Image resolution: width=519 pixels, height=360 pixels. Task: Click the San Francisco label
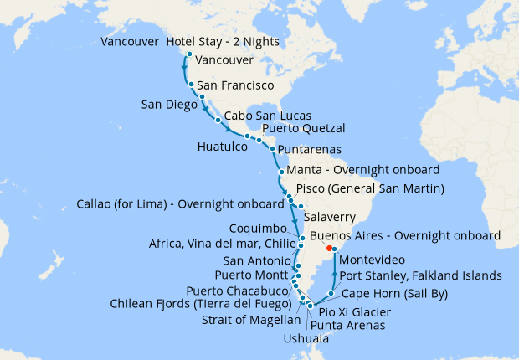click(x=237, y=86)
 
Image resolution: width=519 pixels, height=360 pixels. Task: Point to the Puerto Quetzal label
click(x=303, y=129)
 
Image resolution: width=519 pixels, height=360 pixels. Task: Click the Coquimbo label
click(x=259, y=229)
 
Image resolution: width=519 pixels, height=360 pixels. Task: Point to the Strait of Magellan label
click(x=251, y=320)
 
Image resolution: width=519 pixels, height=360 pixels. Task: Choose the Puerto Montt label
click(x=252, y=275)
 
